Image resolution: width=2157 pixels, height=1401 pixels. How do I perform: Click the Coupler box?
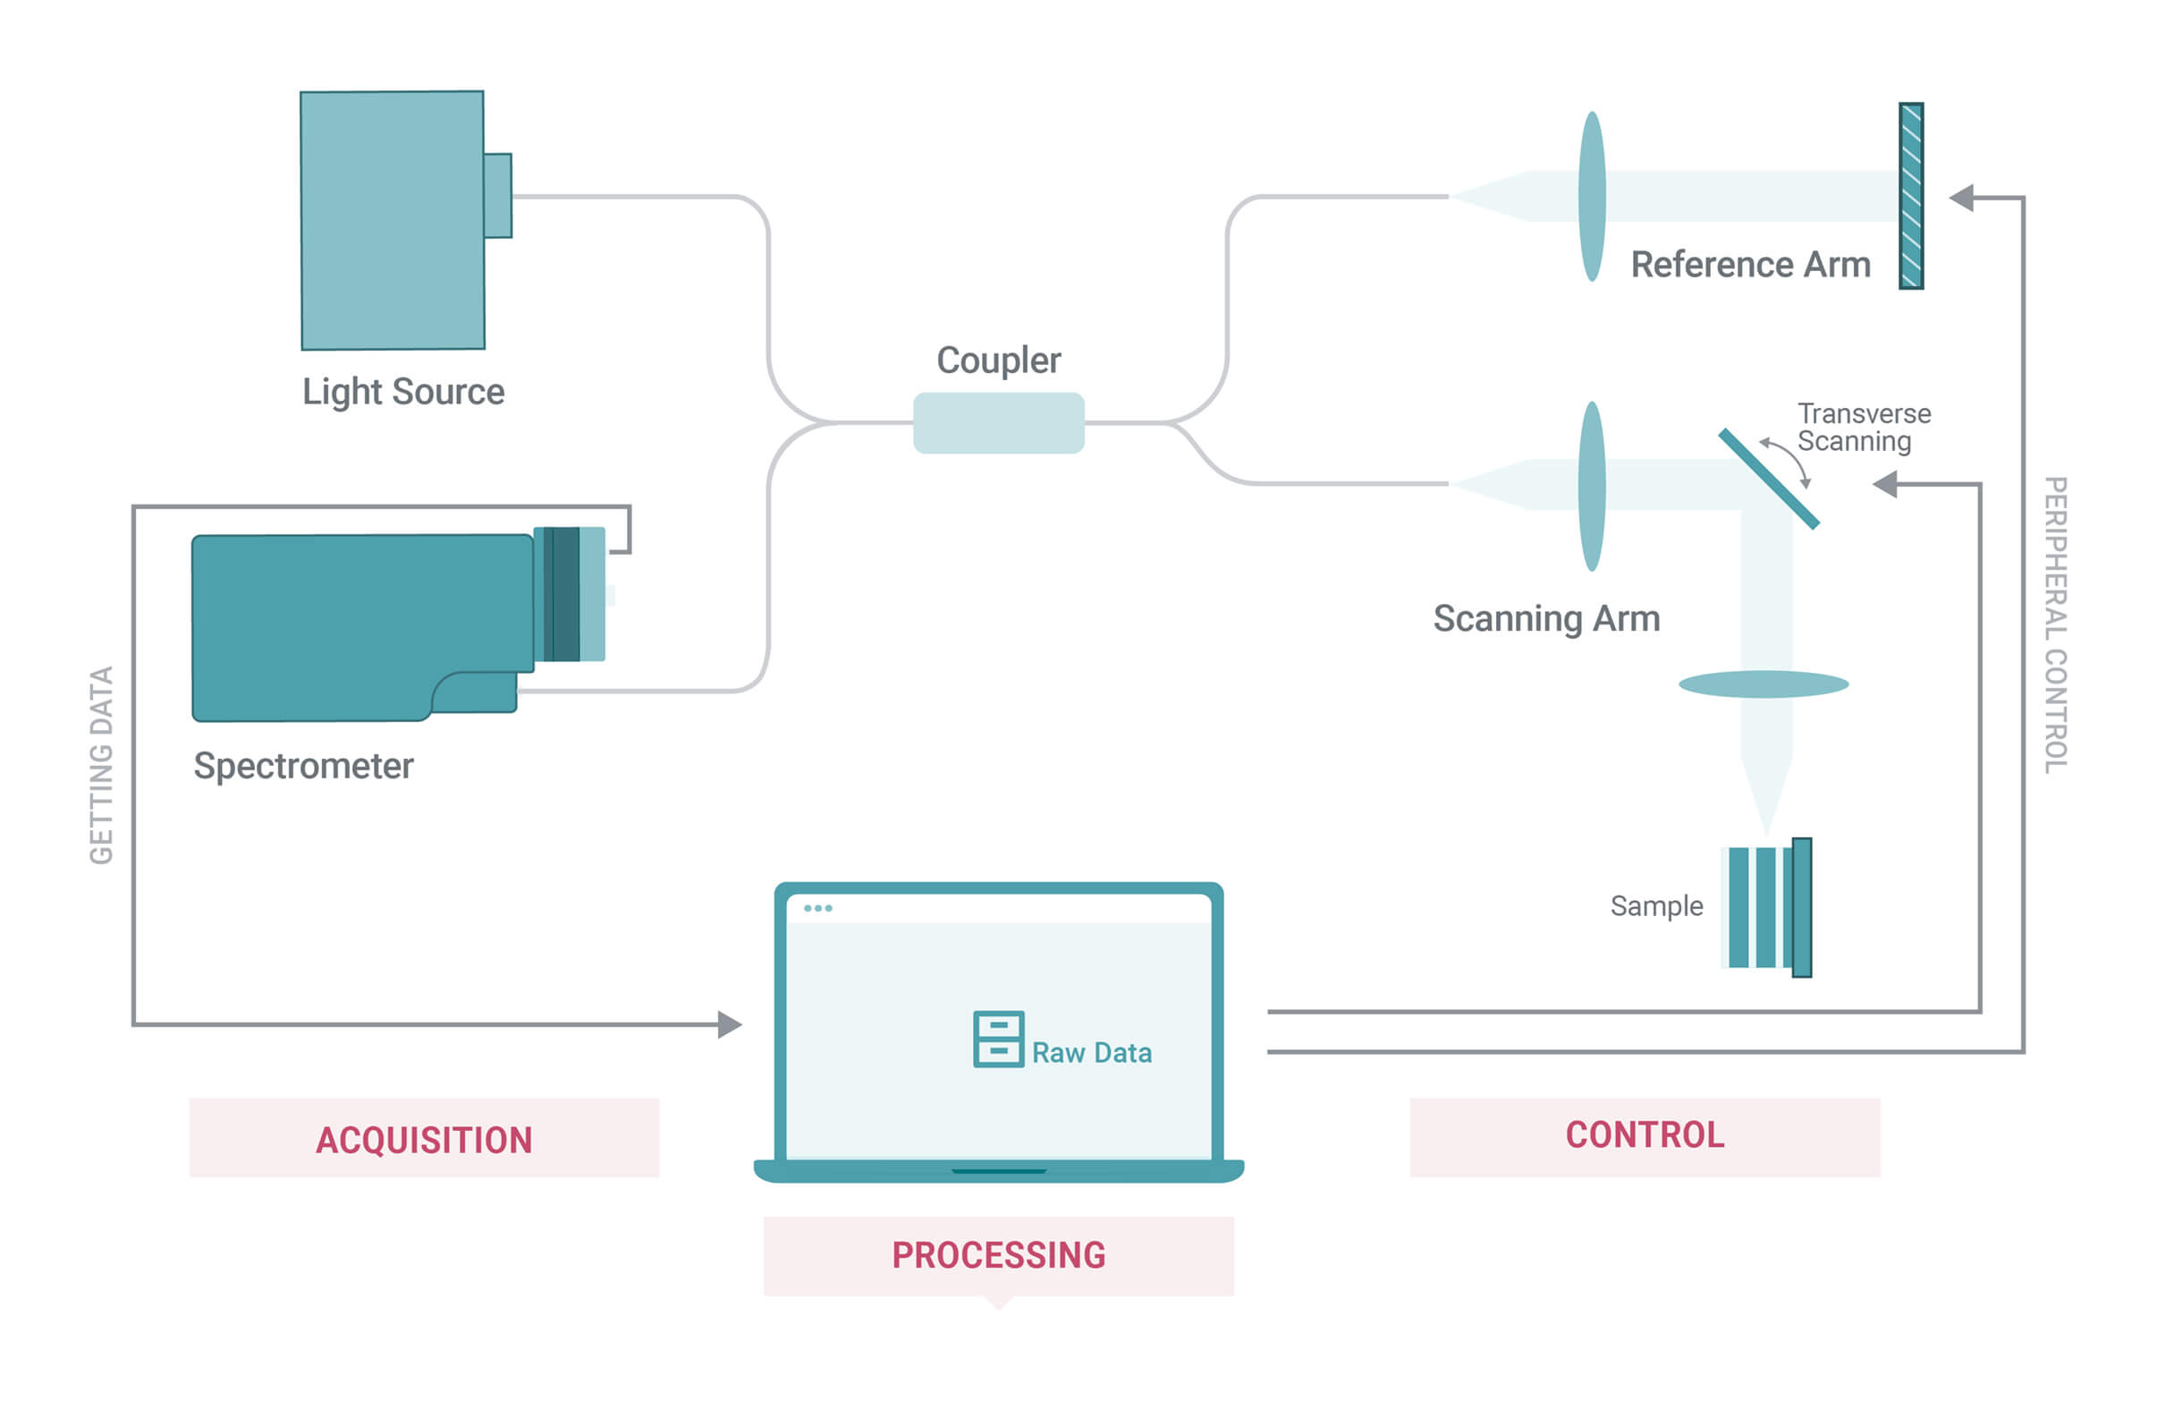point(998,422)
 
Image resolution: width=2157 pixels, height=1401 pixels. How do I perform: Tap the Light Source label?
point(403,392)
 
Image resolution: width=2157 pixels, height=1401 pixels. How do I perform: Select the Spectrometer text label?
point(304,766)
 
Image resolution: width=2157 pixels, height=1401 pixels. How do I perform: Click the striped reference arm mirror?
point(1911,196)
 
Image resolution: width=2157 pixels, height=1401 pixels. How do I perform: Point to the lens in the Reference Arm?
point(1592,196)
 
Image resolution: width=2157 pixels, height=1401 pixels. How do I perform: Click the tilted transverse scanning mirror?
point(1768,479)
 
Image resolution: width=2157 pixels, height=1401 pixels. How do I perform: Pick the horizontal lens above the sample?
point(1763,684)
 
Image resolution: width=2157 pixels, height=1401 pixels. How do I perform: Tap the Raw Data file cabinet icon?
point(998,1040)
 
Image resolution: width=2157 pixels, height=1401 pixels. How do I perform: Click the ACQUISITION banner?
point(424,1138)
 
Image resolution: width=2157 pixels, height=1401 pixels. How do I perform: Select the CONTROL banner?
point(1645,1137)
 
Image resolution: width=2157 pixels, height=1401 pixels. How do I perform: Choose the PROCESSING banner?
point(999,1256)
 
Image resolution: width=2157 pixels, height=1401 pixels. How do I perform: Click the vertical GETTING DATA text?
point(102,765)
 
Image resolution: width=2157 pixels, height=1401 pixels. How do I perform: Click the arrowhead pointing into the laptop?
point(730,1024)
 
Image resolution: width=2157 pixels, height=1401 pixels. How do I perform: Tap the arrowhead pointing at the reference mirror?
point(1961,198)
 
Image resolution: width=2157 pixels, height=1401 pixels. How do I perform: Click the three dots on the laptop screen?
point(817,908)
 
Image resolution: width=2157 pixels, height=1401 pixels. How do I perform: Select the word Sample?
point(1656,906)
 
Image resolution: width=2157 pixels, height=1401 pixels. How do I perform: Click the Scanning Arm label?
point(1546,618)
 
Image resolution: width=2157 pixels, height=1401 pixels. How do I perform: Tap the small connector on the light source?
point(497,196)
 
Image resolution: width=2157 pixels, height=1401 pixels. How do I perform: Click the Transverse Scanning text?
point(1864,427)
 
